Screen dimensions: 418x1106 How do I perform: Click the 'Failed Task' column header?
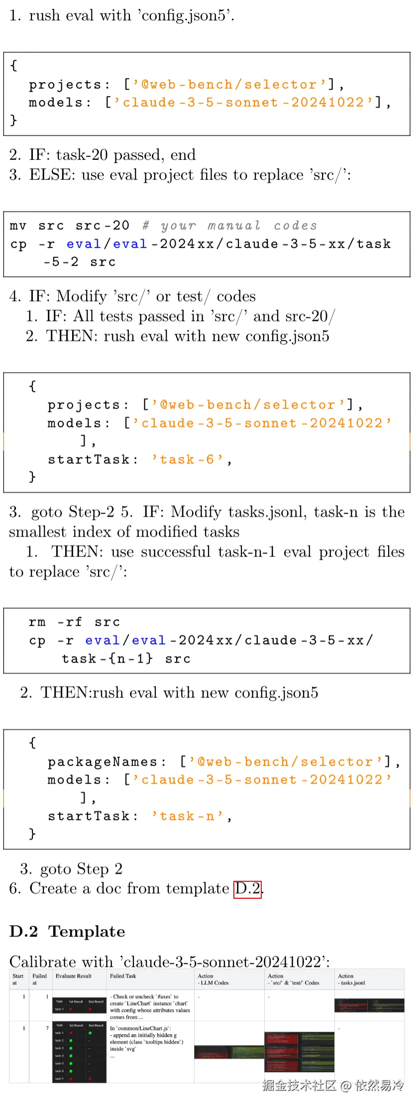[123, 976]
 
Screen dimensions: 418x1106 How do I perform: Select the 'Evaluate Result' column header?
[74, 976]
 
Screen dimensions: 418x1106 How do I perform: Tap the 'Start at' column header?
[18, 979]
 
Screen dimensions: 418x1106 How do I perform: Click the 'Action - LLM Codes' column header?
[213, 979]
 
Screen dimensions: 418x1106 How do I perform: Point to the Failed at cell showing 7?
[47, 1028]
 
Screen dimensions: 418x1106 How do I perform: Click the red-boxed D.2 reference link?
[248, 888]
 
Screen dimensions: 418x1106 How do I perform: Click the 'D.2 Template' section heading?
[67, 931]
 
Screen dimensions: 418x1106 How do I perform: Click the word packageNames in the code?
[103, 762]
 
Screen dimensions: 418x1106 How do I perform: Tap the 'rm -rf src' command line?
[74, 622]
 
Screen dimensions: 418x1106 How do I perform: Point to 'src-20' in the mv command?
[103, 226]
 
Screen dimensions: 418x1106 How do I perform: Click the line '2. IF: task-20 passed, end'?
[103, 154]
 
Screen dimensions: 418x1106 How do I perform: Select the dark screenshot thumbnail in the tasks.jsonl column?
[369, 1005]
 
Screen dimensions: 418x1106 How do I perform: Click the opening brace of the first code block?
[14, 65]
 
